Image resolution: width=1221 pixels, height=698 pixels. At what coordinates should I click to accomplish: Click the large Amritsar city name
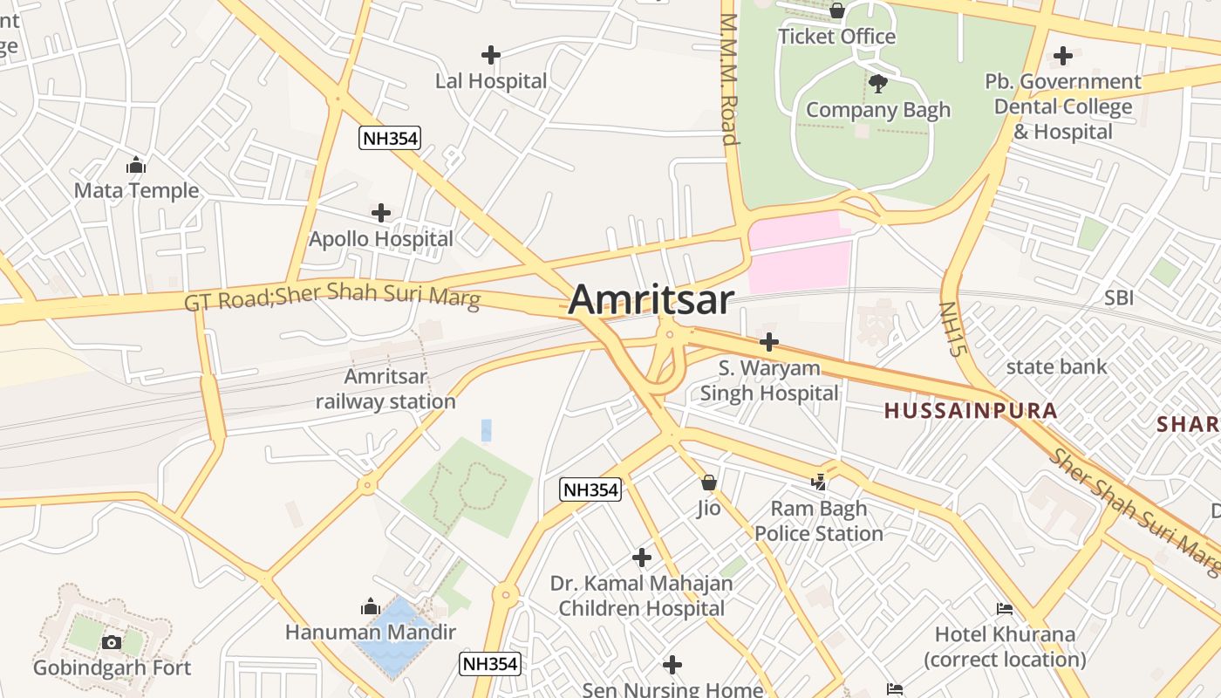click(651, 299)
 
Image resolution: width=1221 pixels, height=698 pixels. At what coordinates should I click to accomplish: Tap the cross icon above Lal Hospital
click(491, 55)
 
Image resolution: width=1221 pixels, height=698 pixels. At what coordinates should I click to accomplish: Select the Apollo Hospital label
click(381, 238)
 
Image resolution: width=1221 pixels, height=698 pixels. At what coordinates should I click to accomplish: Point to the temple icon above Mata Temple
click(136, 165)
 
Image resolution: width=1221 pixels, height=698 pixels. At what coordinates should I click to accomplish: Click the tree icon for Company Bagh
click(878, 84)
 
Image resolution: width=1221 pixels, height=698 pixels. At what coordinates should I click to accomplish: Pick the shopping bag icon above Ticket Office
click(836, 10)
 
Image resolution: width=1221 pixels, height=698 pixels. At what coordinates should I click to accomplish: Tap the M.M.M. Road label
click(729, 79)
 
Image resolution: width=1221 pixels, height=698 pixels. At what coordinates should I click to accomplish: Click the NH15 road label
click(953, 329)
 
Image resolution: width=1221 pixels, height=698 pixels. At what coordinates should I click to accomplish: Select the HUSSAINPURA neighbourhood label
click(971, 410)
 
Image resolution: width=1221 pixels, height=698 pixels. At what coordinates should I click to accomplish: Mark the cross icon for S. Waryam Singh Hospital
click(768, 342)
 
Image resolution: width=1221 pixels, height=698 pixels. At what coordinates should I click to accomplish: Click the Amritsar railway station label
click(385, 389)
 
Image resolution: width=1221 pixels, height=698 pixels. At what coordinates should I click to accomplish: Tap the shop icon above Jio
click(709, 482)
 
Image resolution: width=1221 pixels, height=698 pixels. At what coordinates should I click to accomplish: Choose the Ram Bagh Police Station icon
click(819, 481)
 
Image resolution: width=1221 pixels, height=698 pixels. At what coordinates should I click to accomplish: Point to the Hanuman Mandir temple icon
click(371, 606)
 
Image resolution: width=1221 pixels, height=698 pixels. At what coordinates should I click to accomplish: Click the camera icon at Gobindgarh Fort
click(112, 643)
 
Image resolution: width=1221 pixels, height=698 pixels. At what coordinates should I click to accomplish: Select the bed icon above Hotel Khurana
click(1005, 609)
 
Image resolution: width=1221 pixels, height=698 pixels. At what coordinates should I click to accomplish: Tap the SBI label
click(1119, 298)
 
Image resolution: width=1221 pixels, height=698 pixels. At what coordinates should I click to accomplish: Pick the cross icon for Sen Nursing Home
click(672, 666)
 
